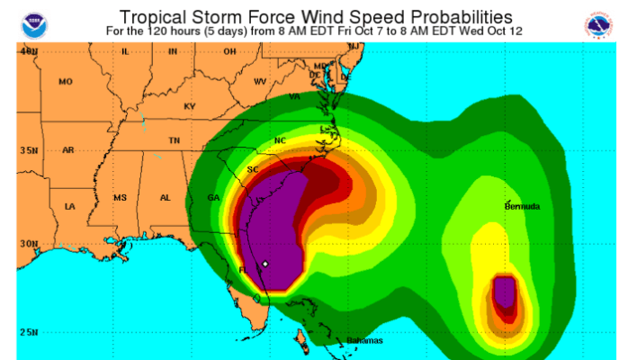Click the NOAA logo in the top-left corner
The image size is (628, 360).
coord(34,23)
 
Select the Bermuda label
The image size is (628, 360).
coord(522,207)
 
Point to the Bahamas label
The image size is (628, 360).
coord(365,340)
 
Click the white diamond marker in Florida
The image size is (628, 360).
coord(265,264)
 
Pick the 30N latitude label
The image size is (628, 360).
coord(29,243)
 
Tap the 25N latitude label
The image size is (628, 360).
coord(29,332)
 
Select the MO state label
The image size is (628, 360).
coord(65,82)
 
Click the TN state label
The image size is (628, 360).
coord(175,140)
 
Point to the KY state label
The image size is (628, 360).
coord(189,106)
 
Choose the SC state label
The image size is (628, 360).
coord(254,169)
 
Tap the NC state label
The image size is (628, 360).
coord(280,140)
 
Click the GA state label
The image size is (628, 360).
coord(213,197)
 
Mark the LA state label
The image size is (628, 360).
coord(70,207)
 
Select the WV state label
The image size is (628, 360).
coord(260,82)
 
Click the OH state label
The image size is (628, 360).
coord(229,51)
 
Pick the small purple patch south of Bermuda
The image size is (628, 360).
coord(505,292)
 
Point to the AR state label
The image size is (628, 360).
coord(68,150)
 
